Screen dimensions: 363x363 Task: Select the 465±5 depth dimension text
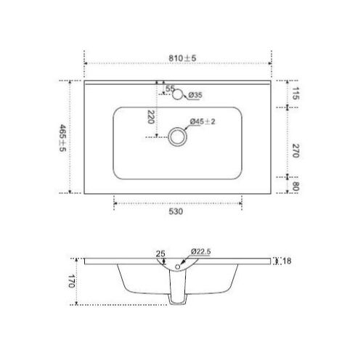pyautogui.click(x=63, y=137)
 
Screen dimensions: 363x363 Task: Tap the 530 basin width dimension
pyautogui.click(x=177, y=212)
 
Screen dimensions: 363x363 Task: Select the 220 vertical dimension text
pyautogui.click(x=150, y=118)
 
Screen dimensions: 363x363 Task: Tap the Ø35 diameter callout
pyautogui.click(x=195, y=94)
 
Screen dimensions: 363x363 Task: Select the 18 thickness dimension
pyautogui.click(x=287, y=261)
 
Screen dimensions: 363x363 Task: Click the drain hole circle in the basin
pyautogui.click(x=176, y=136)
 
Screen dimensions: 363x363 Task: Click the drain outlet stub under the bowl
pyautogui.click(x=176, y=298)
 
